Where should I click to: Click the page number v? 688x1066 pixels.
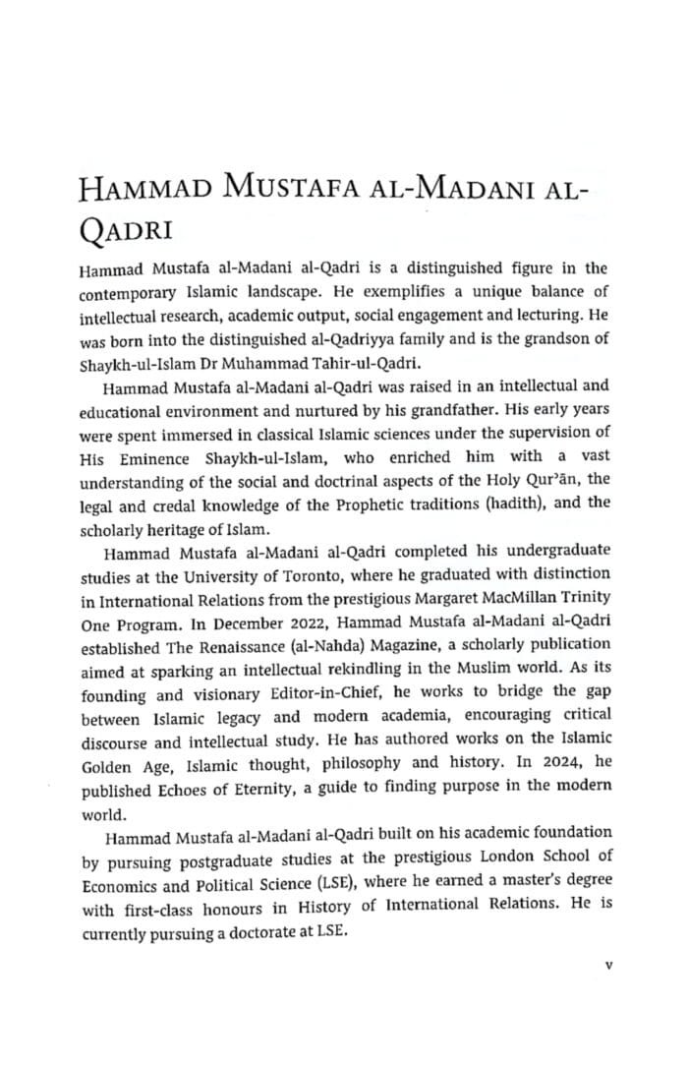pyautogui.click(x=608, y=966)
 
